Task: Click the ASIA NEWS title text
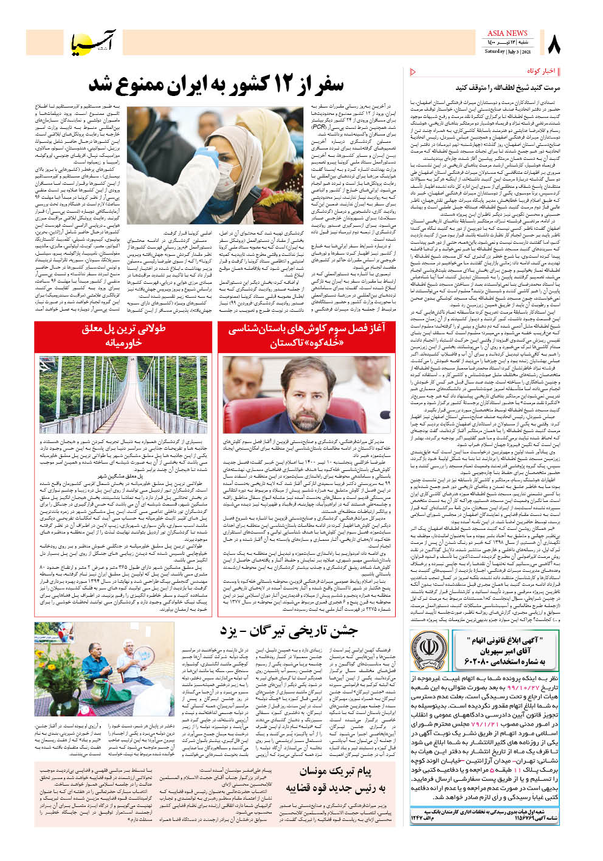tap(507, 33)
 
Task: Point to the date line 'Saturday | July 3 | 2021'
tap(507, 52)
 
